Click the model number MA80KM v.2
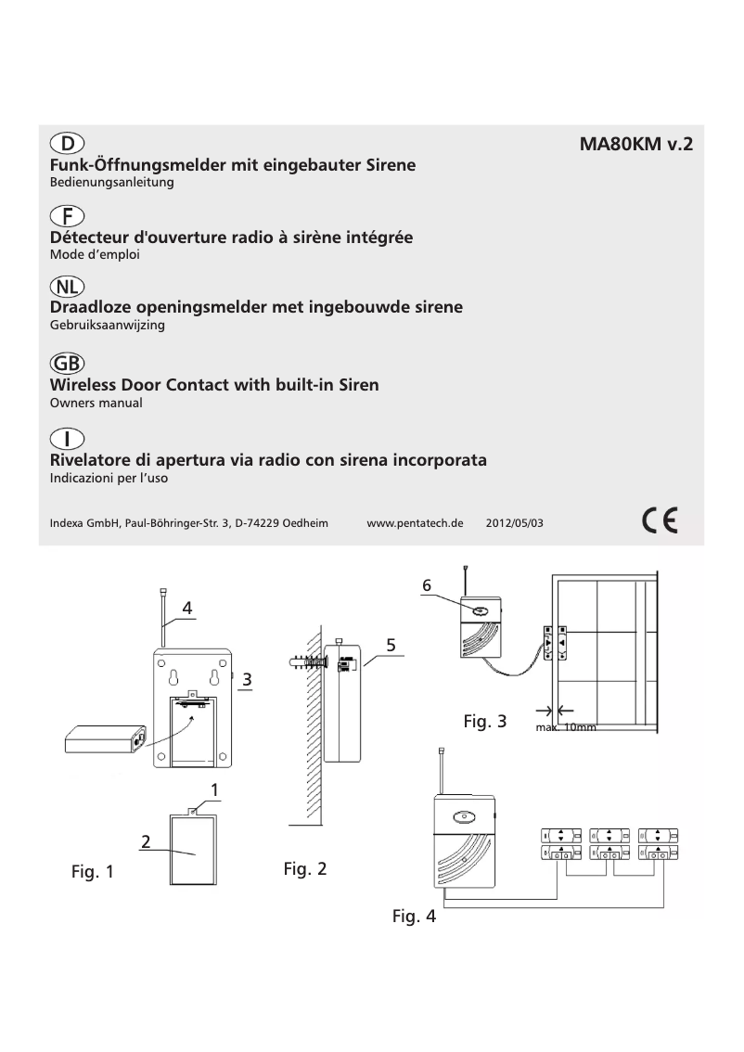click(x=635, y=146)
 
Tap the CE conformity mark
click(x=660, y=520)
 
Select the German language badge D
click(x=67, y=144)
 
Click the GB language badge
click(x=67, y=365)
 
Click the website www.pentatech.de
click(x=415, y=523)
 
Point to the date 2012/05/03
click(x=514, y=523)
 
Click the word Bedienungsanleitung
click(x=111, y=184)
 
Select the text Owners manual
click(x=95, y=404)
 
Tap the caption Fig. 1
click(x=93, y=872)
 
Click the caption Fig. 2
click(x=305, y=869)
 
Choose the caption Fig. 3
click(x=484, y=721)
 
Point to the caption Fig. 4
click(x=414, y=917)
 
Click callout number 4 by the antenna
click(x=187, y=609)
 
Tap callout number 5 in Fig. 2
click(x=391, y=643)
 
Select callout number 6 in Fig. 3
click(x=427, y=585)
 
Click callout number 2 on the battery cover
click(x=147, y=841)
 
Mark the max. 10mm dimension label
click(x=566, y=728)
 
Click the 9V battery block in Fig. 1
click(x=105, y=739)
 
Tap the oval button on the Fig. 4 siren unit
click(x=461, y=818)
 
